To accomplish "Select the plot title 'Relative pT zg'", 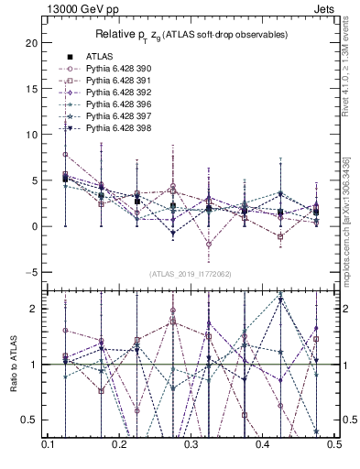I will (191, 35).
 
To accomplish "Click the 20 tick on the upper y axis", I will (30, 42).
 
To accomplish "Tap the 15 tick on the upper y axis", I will (30, 88).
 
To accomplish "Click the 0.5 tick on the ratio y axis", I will (28, 420).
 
